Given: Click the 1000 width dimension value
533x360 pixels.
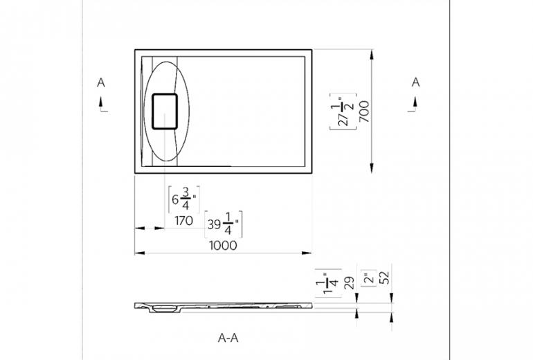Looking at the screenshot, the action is (x=223, y=246).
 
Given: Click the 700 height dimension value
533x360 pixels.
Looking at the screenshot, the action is (x=364, y=111).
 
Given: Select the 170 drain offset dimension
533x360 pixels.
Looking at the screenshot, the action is (x=184, y=221).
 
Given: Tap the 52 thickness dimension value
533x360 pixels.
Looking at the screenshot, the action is (x=386, y=278).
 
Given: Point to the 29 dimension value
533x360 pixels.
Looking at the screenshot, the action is (x=349, y=283).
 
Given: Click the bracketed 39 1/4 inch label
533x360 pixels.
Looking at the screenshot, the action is (x=224, y=224).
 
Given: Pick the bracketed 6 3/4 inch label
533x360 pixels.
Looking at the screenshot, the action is (x=184, y=199).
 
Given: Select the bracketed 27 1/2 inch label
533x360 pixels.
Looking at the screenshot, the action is (x=343, y=111).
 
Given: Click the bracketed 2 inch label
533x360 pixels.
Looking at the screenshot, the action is (x=369, y=278).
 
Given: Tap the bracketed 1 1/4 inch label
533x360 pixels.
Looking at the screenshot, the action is (x=328, y=283).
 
